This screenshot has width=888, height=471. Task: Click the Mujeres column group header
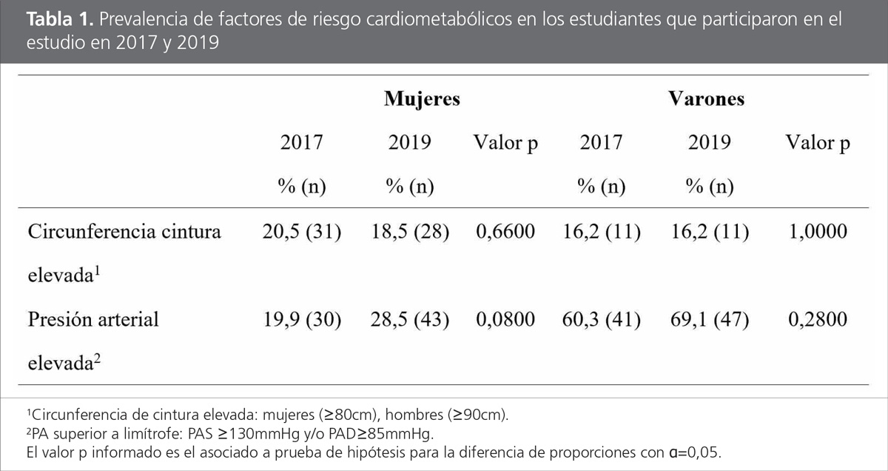[x=422, y=99]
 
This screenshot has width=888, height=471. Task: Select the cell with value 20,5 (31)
[x=301, y=233]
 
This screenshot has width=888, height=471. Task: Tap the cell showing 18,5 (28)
[x=409, y=233]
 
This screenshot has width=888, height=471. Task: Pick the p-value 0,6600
[x=505, y=233]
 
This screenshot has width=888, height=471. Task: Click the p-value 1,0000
[x=818, y=233]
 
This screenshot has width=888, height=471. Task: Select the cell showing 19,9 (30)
[x=301, y=321]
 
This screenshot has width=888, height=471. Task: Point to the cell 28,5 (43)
[x=409, y=321]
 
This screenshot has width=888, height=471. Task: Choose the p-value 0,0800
[x=505, y=321]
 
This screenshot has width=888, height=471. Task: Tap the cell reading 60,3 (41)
[x=601, y=321]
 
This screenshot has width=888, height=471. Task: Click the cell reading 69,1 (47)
[x=709, y=321]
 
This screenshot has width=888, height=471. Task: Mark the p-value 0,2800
[x=818, y=321]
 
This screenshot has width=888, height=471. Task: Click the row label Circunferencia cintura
[x=124, y=233]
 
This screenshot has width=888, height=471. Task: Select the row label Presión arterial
[x=93, y=321]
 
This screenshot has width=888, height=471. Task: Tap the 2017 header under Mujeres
[x=301, y=143]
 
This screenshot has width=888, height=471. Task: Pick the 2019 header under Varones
[x=709, y=143]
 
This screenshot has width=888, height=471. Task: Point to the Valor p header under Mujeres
[x=505, y=143]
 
